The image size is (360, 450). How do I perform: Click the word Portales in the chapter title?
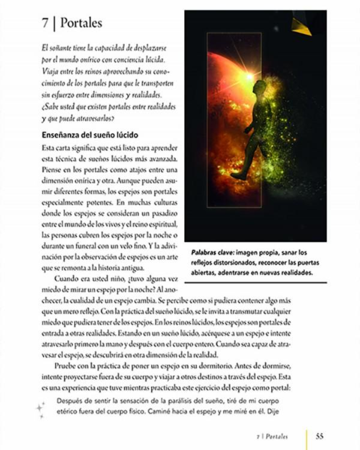coord(81,24)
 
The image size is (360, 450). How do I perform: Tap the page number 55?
coord(320,436)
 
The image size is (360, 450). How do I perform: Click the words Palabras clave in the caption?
coord(212,253)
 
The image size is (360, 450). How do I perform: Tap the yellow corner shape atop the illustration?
coord(301,26)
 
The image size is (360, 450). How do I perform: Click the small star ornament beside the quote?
coord(40,410)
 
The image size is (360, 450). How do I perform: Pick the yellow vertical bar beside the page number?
coord(307,436)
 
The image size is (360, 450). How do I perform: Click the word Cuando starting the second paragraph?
coord(68,279)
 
